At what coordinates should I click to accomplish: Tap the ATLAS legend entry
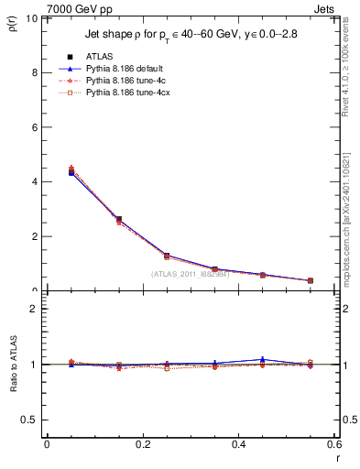coord(101,55)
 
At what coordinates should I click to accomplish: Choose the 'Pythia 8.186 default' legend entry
coord(128,68)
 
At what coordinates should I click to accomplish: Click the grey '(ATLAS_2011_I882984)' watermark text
coord(191,273)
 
